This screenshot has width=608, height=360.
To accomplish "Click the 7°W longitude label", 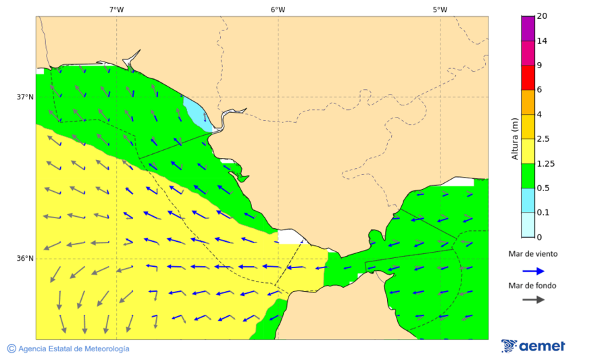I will pyautogui.click(x=116, y=9).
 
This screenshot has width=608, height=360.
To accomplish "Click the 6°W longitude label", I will pyautogui.click(x=278, y=9).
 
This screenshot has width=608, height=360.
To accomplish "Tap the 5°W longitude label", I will pyautogui.click(x=440, y=9).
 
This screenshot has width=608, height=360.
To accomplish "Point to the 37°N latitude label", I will pyautogui.click(x=25, y=97).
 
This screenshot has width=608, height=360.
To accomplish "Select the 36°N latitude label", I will pyautogui.click(x=25, y=258).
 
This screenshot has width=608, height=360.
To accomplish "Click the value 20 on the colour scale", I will pyautogui.click(x=542, y=16).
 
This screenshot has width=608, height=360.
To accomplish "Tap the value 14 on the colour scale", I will pyautogui.click(x=542, y=41).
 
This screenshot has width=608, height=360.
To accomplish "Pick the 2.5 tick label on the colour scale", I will pyautogui.click(x=542, y=139).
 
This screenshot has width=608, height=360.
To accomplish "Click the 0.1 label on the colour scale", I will pyautogui.click(x=542, y=213).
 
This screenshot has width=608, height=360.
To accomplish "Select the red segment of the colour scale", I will pyautogui.click(x=528, y=77).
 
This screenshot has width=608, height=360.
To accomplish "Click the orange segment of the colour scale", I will pyautogui.click(x=528, y=102).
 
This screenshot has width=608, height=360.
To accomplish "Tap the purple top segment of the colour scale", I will pyautogui.click(x=528, y=28).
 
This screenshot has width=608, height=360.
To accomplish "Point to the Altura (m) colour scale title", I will pyautogui.click(x=515, y=138).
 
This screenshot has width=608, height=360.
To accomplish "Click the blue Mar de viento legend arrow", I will pyautogui.click(x=533, y=271).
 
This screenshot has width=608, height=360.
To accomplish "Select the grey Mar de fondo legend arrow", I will pyautogui.click(x=533, y=299).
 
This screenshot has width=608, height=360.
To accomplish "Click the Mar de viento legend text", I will pyautogui.click(x=533, y=254).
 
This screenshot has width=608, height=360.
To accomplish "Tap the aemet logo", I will pyautogui.click(x=533, y=346).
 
